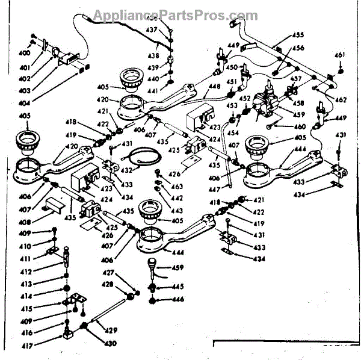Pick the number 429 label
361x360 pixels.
click(x=113, y=330)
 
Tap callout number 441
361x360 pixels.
click(x=153, y=90)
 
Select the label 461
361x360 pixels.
click(x=340, y=55)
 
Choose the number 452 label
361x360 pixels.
click(x=245, y=98)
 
